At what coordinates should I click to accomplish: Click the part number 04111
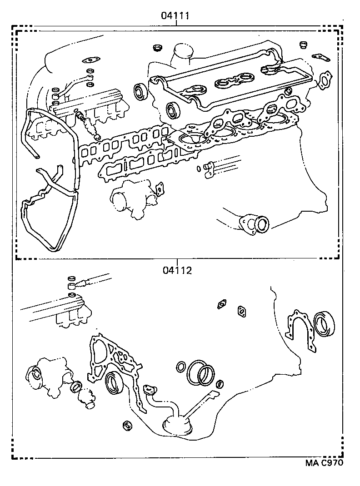coord(175,15)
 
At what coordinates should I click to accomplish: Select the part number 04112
coord(177,271)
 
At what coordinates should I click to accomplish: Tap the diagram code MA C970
coord(323,463)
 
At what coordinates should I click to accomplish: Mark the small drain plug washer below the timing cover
coord(128,426)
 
